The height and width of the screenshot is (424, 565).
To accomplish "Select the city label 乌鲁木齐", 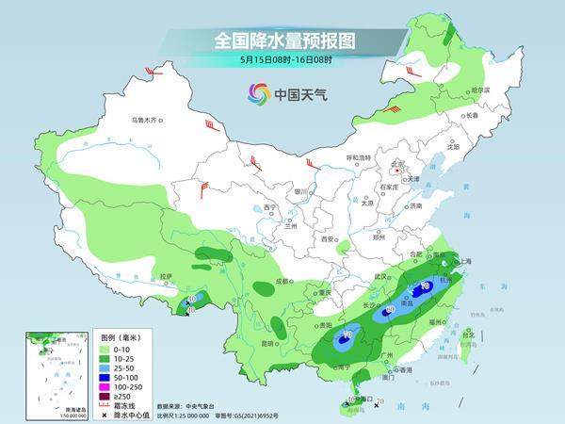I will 146,121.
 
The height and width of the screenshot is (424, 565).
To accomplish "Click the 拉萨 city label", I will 167,276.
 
